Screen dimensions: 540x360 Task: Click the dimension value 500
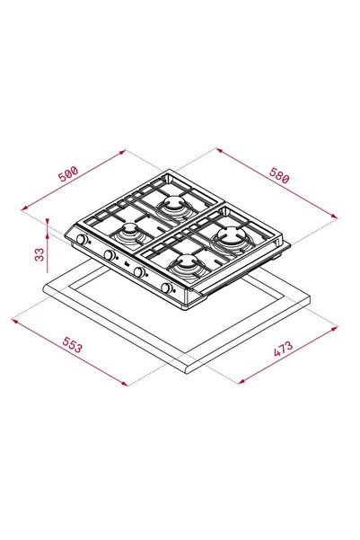(x=68, y=173)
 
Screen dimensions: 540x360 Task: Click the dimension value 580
(x=279, y=179)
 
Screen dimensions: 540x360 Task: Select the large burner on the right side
(x=233, y=239)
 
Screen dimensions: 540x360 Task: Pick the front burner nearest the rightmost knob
(x=189, y=265)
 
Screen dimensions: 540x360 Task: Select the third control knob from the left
(x=139, y=271)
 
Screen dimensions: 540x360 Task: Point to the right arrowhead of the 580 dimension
(x=334, y=216)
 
